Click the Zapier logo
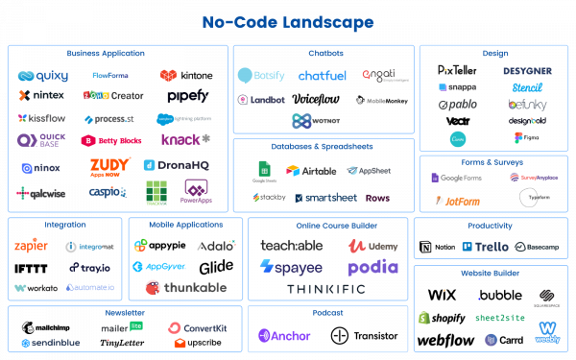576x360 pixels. [33, 246]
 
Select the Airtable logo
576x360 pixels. [305, 171]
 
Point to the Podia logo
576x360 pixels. [372, 267]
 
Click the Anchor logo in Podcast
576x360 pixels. [282, 335]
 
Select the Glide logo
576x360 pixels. [216, 265]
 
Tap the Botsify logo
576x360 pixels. [261, 75]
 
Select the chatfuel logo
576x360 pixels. [322, 75]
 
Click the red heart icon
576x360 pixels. [169, 76]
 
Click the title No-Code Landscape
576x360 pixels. [288, 21]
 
